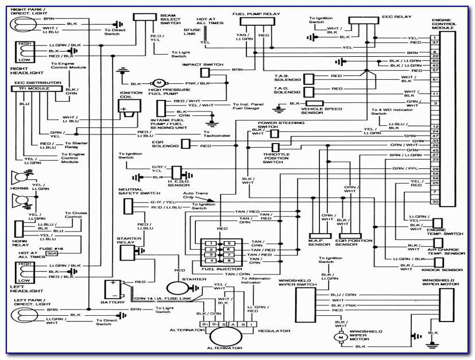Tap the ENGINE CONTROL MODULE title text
click(444, 23)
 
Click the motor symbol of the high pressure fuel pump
click(157, 83)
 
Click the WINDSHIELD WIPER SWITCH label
click(297, 284)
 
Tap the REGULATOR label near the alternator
click(269, 331)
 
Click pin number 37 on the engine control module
click(435, 42)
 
